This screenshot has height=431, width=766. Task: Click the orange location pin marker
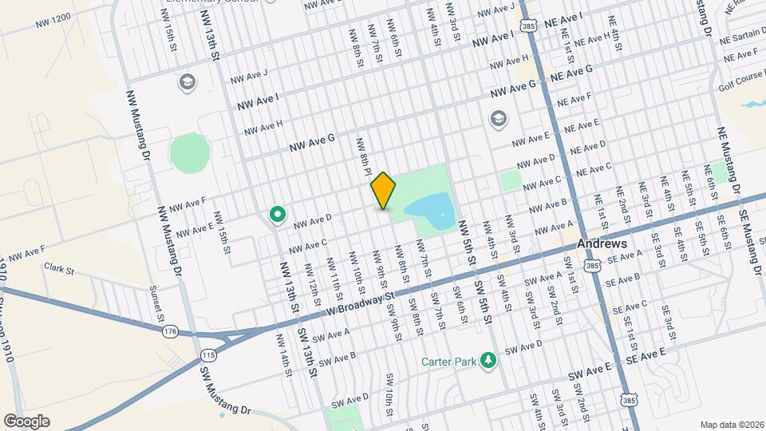[x=383, y=191]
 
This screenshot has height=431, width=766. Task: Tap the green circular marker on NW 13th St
[x=277, y=214]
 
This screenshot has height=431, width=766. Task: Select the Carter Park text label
[x=449, y=361]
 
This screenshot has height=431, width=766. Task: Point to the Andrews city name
[x=601, y=243]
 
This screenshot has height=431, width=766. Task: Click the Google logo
[x=26, y=421]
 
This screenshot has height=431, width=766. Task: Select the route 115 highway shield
[x=208, y=353]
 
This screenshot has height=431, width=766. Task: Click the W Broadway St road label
[x=361, y=302]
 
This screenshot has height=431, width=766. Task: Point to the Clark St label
[x=59, y=269]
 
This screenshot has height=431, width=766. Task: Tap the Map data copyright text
[x=729, y=424]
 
